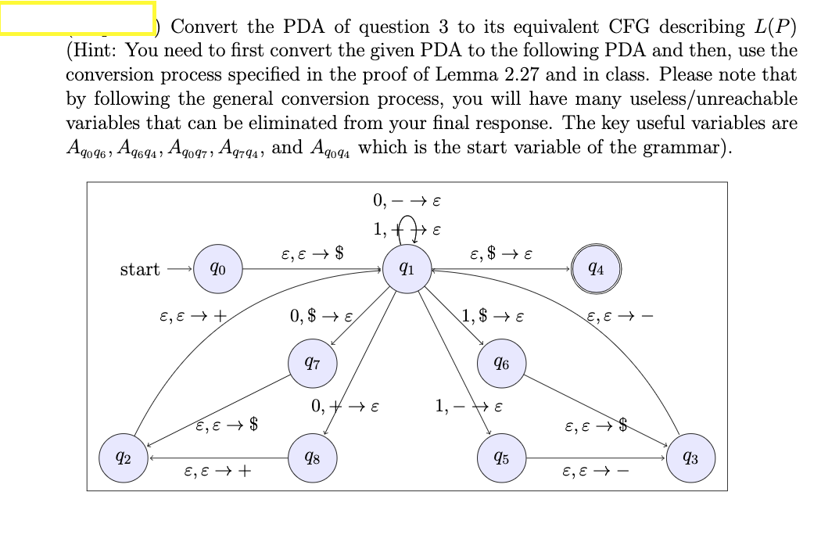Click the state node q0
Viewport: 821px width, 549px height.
[x=218, y=270]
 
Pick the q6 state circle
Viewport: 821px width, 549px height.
[x=501, y=364]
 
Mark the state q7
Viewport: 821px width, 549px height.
[x=312, y=364]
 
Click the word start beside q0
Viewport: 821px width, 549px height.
[x=140, y=270]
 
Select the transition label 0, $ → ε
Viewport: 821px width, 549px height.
[x=322, y=317]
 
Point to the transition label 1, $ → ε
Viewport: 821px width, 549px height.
[x=493, y=317]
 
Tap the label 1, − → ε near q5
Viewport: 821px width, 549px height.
[x=468, y=407]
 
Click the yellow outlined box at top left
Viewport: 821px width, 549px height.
[x=77, y=18]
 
